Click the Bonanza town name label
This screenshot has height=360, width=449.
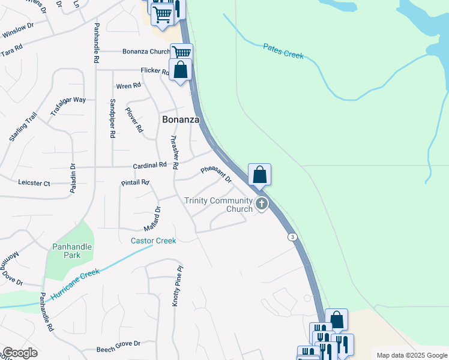pyautogui.click(x=181, y=119)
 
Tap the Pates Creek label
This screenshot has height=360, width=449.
pyautogui.click(x=283, y=51)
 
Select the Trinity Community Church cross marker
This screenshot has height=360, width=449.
pyautogui.click(x=261, y=204)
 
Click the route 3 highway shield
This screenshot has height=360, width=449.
pyautogui.click(x=292, y=236)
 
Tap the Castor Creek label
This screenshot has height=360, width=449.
pyautogui.click(x=154, y=241)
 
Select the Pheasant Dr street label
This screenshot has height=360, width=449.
pyautogui.click(x=216, y=174)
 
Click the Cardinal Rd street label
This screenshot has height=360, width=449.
pyautogui.click(x=149, y=165)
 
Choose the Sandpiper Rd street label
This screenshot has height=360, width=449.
pyautogui.click(x=112, y=119)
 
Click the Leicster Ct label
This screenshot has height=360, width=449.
pyautogui.click(x=34, y=182)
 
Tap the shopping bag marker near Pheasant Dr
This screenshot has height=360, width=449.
pyautogui.click(x=259, y=175)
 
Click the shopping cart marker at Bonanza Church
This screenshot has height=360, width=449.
pyautogui.click(x=181, y=53)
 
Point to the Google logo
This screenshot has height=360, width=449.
pyautogui.click(x=20, y=353)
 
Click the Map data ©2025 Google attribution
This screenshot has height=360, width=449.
pyautogui.click(x=412, y=355)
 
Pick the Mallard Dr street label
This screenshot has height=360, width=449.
pyautogui.click(x=152, y=220)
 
